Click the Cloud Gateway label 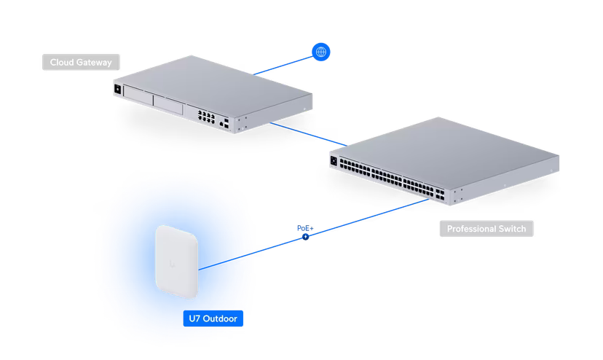pyautogui.click(x=80, y=63)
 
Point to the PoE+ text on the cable pyautogui.click(x=304, y=228)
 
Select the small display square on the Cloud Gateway pyautogui.click(x=117, y=89)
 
